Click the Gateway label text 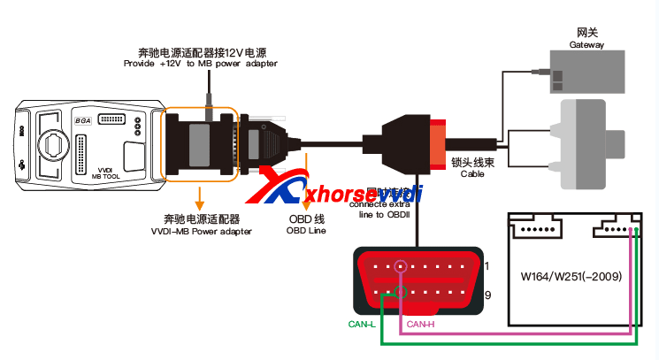pos(586,44)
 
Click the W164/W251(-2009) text pos(577,276)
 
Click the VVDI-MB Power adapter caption pos(201,231)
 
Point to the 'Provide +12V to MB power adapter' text pos(200,63)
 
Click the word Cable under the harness pos(472,174)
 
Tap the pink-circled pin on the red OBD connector pos(402,266)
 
